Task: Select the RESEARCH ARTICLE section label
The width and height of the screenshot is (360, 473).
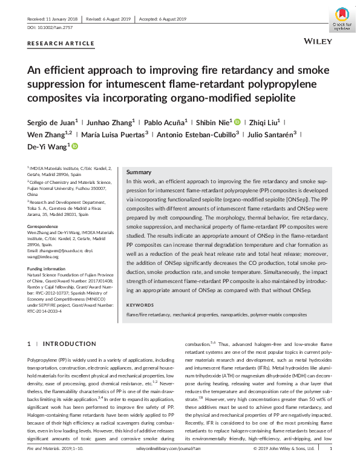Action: coord(61,44)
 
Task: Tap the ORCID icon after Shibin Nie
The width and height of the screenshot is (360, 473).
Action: coord(238,121)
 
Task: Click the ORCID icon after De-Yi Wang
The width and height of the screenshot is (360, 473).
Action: coord(74,146)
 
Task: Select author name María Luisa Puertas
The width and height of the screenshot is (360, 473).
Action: coord(116,134)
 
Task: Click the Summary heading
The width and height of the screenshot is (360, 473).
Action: coord(139,172)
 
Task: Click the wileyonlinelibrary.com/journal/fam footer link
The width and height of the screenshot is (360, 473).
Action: coord(179,466)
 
